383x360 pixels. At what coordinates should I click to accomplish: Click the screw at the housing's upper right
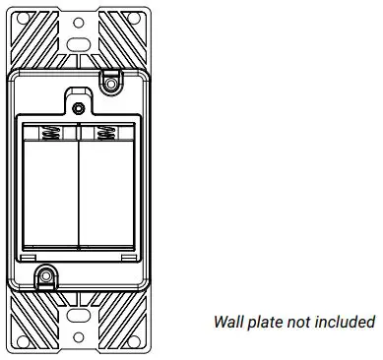[x=111, y=87]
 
